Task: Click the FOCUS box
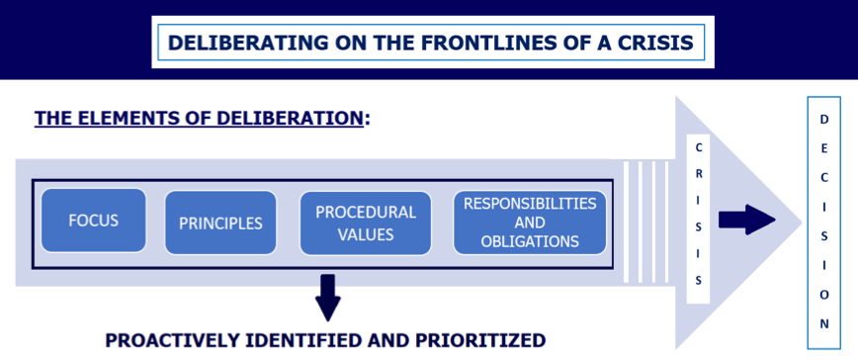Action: (x=94, y=221)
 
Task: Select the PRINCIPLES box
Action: (x=220, y=223)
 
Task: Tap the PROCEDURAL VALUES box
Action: (x=365, y=224)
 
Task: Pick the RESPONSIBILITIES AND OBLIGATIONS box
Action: (x=530, y=223)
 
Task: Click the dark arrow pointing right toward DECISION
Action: (x=746, y=220)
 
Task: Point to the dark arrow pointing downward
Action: (x=327, y=296)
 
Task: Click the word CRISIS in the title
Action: (x=666, y=44)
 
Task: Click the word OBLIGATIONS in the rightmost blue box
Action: (x=530, y=241)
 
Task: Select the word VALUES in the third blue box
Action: (x=365, y=234)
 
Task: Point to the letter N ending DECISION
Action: (x=824, y=323)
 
